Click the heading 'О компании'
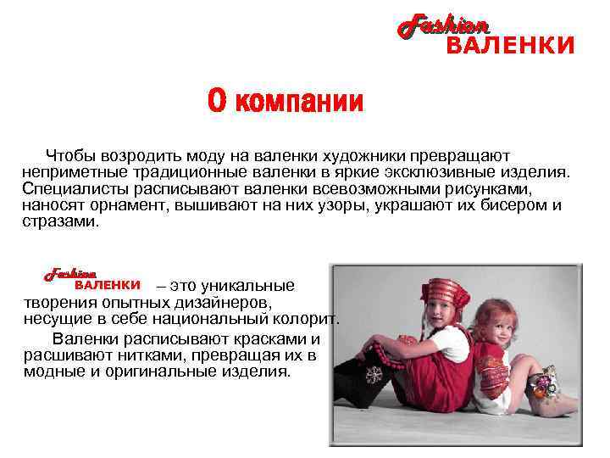coord(286,102)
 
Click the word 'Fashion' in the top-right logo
coord(443,25)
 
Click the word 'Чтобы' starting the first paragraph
coord(71,156)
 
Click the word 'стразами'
coord(60,221)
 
